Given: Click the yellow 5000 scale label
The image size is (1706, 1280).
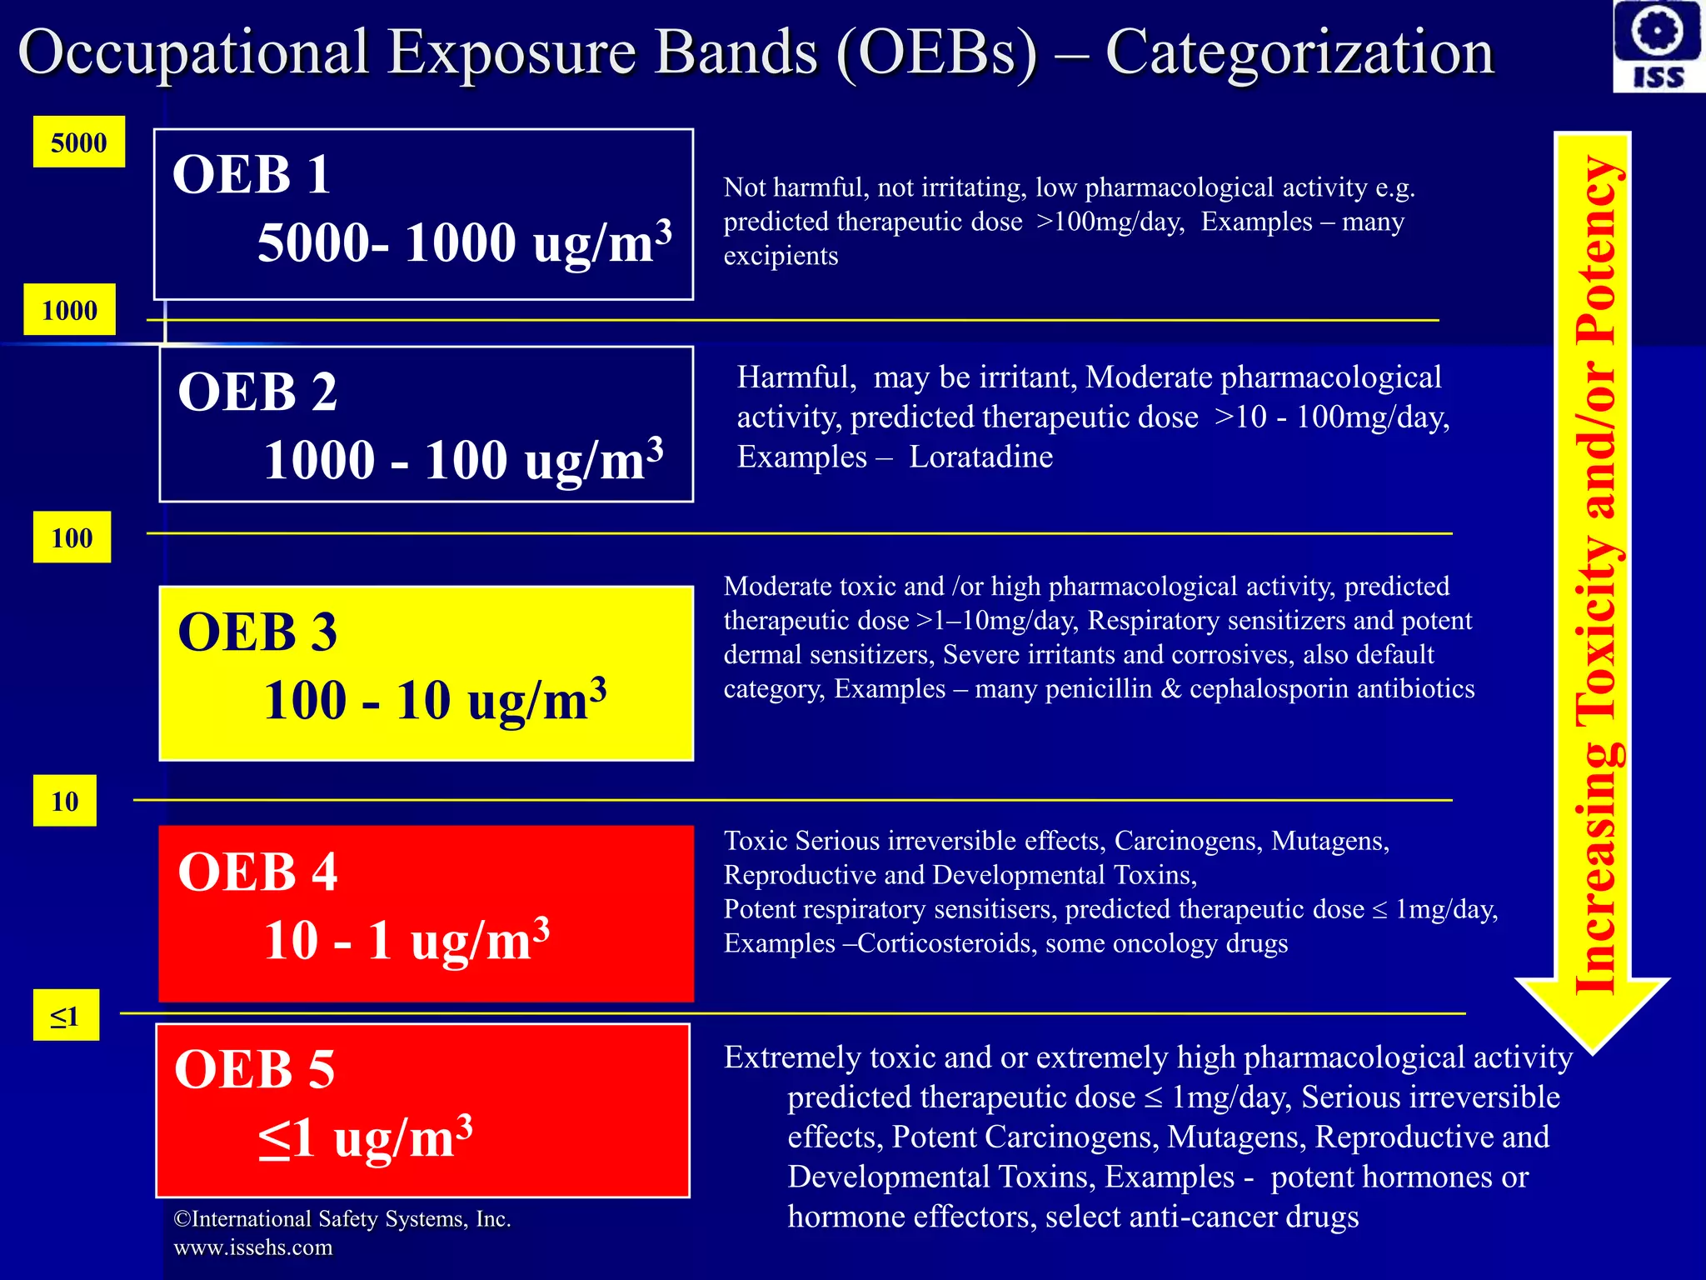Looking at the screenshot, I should coord(78,142).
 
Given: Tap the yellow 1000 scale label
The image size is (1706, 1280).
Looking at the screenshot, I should coord(69,310).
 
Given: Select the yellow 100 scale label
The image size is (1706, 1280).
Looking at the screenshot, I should coord(72,537).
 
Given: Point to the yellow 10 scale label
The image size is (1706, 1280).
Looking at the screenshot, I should coord(64,801).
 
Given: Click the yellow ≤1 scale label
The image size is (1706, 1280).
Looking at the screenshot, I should coord(65,1016).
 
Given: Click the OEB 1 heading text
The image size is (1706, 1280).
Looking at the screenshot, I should coord(251,175).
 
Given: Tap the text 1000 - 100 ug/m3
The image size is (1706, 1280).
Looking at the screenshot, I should coord(463,460).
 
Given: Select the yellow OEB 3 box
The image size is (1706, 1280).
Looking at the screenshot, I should coord(426,673).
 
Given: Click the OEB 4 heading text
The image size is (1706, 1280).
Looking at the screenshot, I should coord(257,872).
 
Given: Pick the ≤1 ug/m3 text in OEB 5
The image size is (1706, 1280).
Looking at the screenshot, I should coord(365,1138).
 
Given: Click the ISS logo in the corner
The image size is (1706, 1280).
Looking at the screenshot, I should coord(1658,46).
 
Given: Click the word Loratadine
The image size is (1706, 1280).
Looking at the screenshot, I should coord(980,457).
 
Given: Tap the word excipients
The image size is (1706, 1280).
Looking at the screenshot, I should coord(781,256).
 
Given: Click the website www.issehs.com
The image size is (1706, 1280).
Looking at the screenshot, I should coord(252,1247).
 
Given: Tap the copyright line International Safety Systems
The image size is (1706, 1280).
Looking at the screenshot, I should coord(342,1219).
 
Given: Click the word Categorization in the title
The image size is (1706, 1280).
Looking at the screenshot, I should coord(1299,52).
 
